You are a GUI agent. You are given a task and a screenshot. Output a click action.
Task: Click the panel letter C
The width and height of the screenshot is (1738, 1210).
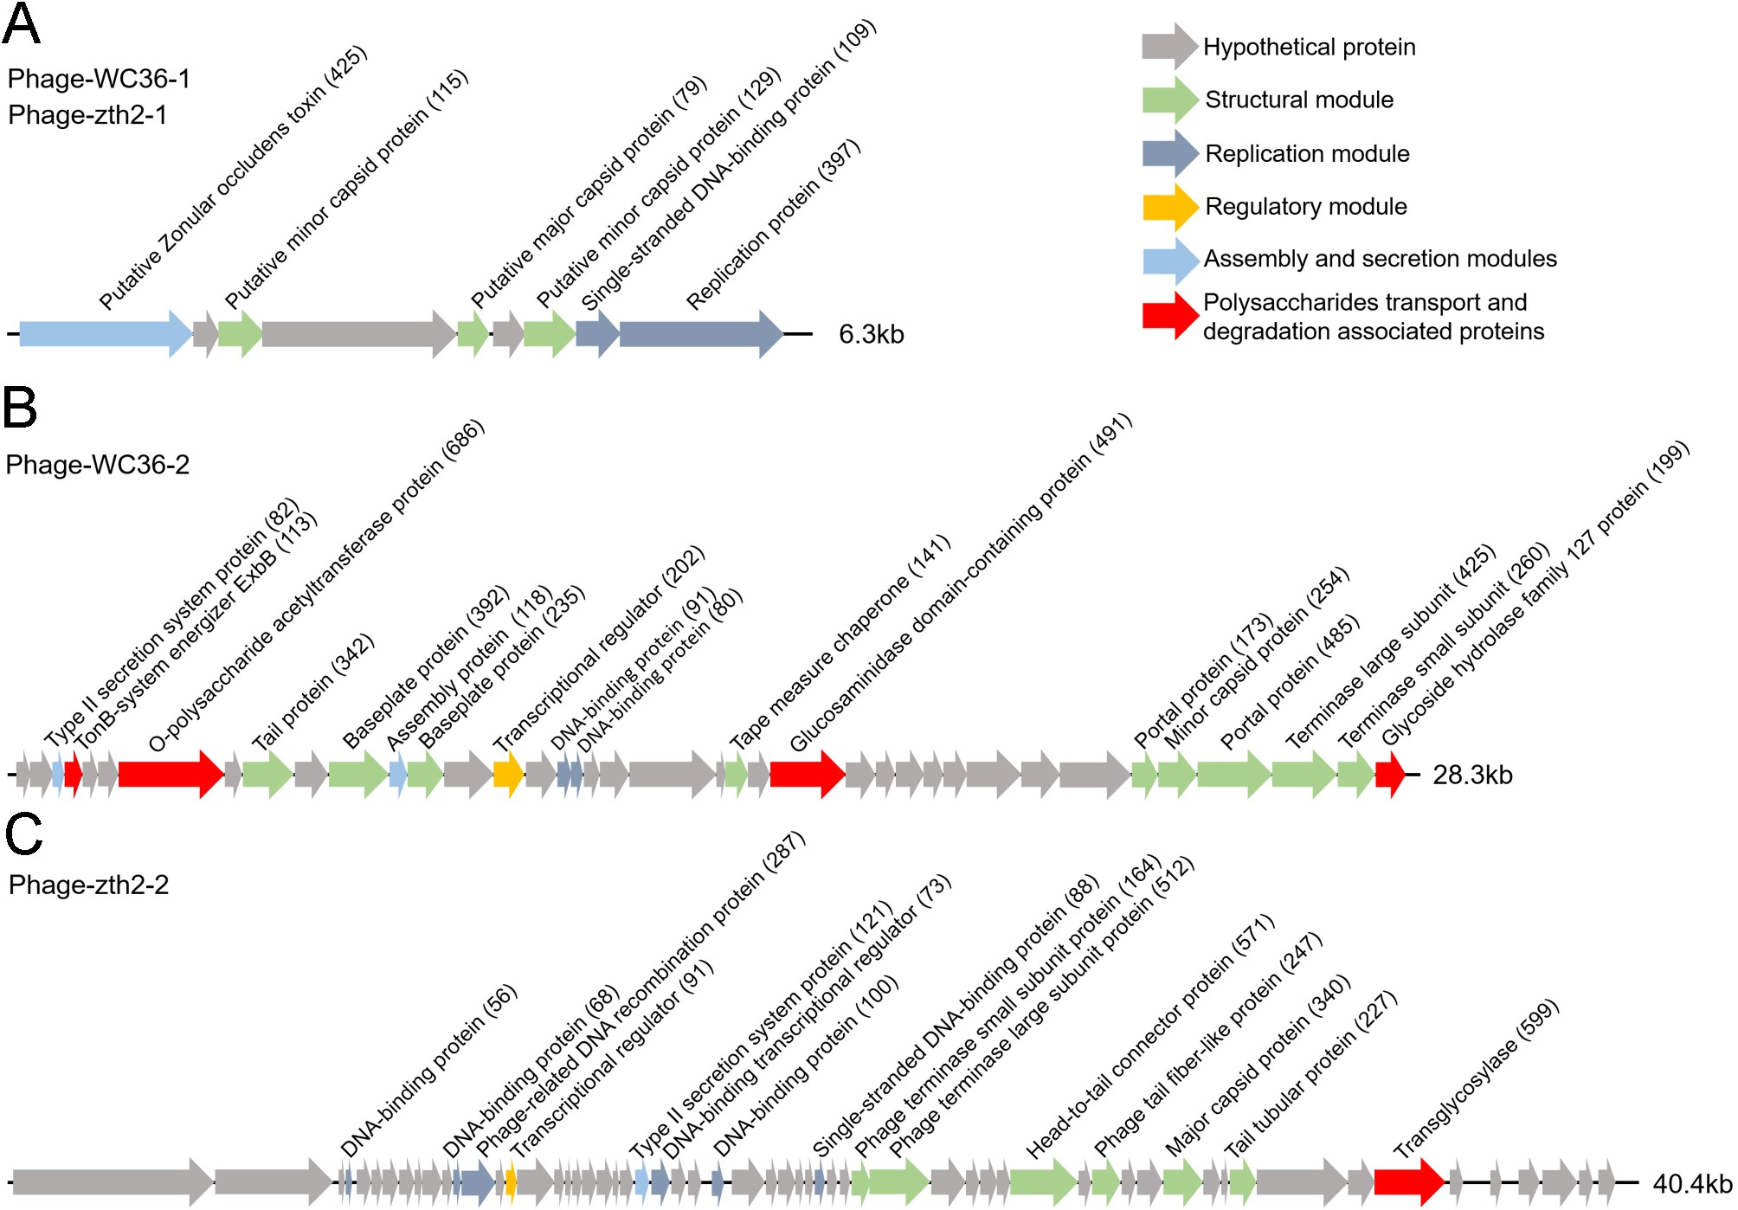[x=23, y=833]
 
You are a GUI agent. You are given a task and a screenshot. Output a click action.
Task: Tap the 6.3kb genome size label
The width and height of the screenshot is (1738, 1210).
[x=871, y=334]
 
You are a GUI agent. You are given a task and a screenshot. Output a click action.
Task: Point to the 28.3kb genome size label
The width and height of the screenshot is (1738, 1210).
[x=1472, y=775]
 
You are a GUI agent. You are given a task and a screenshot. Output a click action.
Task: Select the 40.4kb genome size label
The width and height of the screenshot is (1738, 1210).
[x=1692, y=1183]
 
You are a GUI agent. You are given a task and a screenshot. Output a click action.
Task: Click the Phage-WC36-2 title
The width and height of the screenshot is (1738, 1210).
[x=97, y=465]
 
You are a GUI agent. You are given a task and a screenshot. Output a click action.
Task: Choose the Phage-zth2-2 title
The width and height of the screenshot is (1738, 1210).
[x=88, y=885]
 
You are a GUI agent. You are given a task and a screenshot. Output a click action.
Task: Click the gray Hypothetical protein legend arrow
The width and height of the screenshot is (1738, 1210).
[x=1169, y=47]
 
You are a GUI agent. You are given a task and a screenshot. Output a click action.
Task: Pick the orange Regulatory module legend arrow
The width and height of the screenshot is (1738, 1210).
[x=1169, y=207]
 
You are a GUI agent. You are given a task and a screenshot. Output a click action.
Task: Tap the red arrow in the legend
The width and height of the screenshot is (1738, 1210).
[x=1169, y=316]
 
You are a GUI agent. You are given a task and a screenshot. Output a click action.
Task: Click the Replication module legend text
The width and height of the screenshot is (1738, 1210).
[x=1307, y=153]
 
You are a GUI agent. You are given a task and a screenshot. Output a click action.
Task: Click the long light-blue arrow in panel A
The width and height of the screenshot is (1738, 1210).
[x=105, y=333]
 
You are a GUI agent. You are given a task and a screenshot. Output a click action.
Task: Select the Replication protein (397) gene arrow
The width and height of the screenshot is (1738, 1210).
[x=700, y=333]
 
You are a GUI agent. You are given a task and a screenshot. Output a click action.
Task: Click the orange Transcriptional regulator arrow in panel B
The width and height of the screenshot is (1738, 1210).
[x=508, y=774]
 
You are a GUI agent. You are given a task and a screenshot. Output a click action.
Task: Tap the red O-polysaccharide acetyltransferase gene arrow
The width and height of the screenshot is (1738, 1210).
[x=171, y=774]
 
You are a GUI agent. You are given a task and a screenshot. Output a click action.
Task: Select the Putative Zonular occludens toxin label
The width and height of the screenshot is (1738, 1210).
[x=233, y=178]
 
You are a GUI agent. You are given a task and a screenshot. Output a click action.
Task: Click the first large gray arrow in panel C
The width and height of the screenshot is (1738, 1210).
[x=113, y=1181]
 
